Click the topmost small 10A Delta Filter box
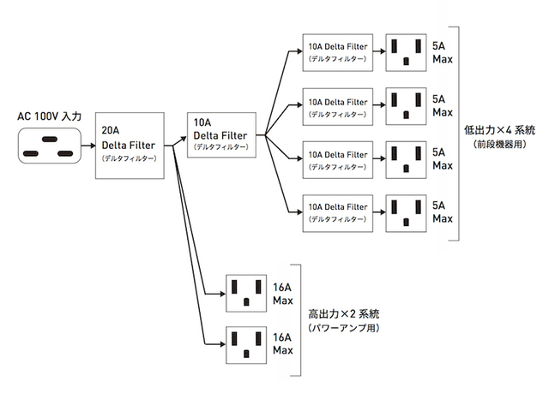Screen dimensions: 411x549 [338, 51]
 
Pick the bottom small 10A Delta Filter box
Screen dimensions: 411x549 [338, 212]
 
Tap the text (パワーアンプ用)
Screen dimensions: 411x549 [343, 328]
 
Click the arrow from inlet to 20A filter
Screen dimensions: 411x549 [87, 145]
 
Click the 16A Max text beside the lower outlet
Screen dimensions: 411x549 [283, 343]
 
